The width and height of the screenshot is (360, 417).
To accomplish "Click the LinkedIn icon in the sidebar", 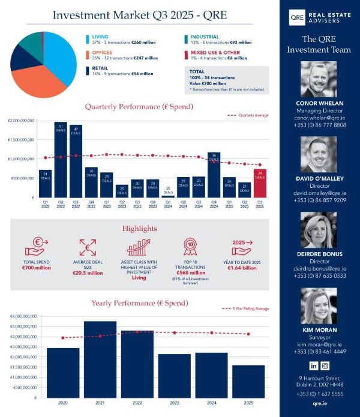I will coord(313,365).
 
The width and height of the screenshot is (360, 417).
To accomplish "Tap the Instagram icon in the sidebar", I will coord(325,365).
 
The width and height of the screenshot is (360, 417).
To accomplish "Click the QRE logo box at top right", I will coord(296,18).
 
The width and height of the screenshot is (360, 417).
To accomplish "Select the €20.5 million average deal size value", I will coord(88,273).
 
